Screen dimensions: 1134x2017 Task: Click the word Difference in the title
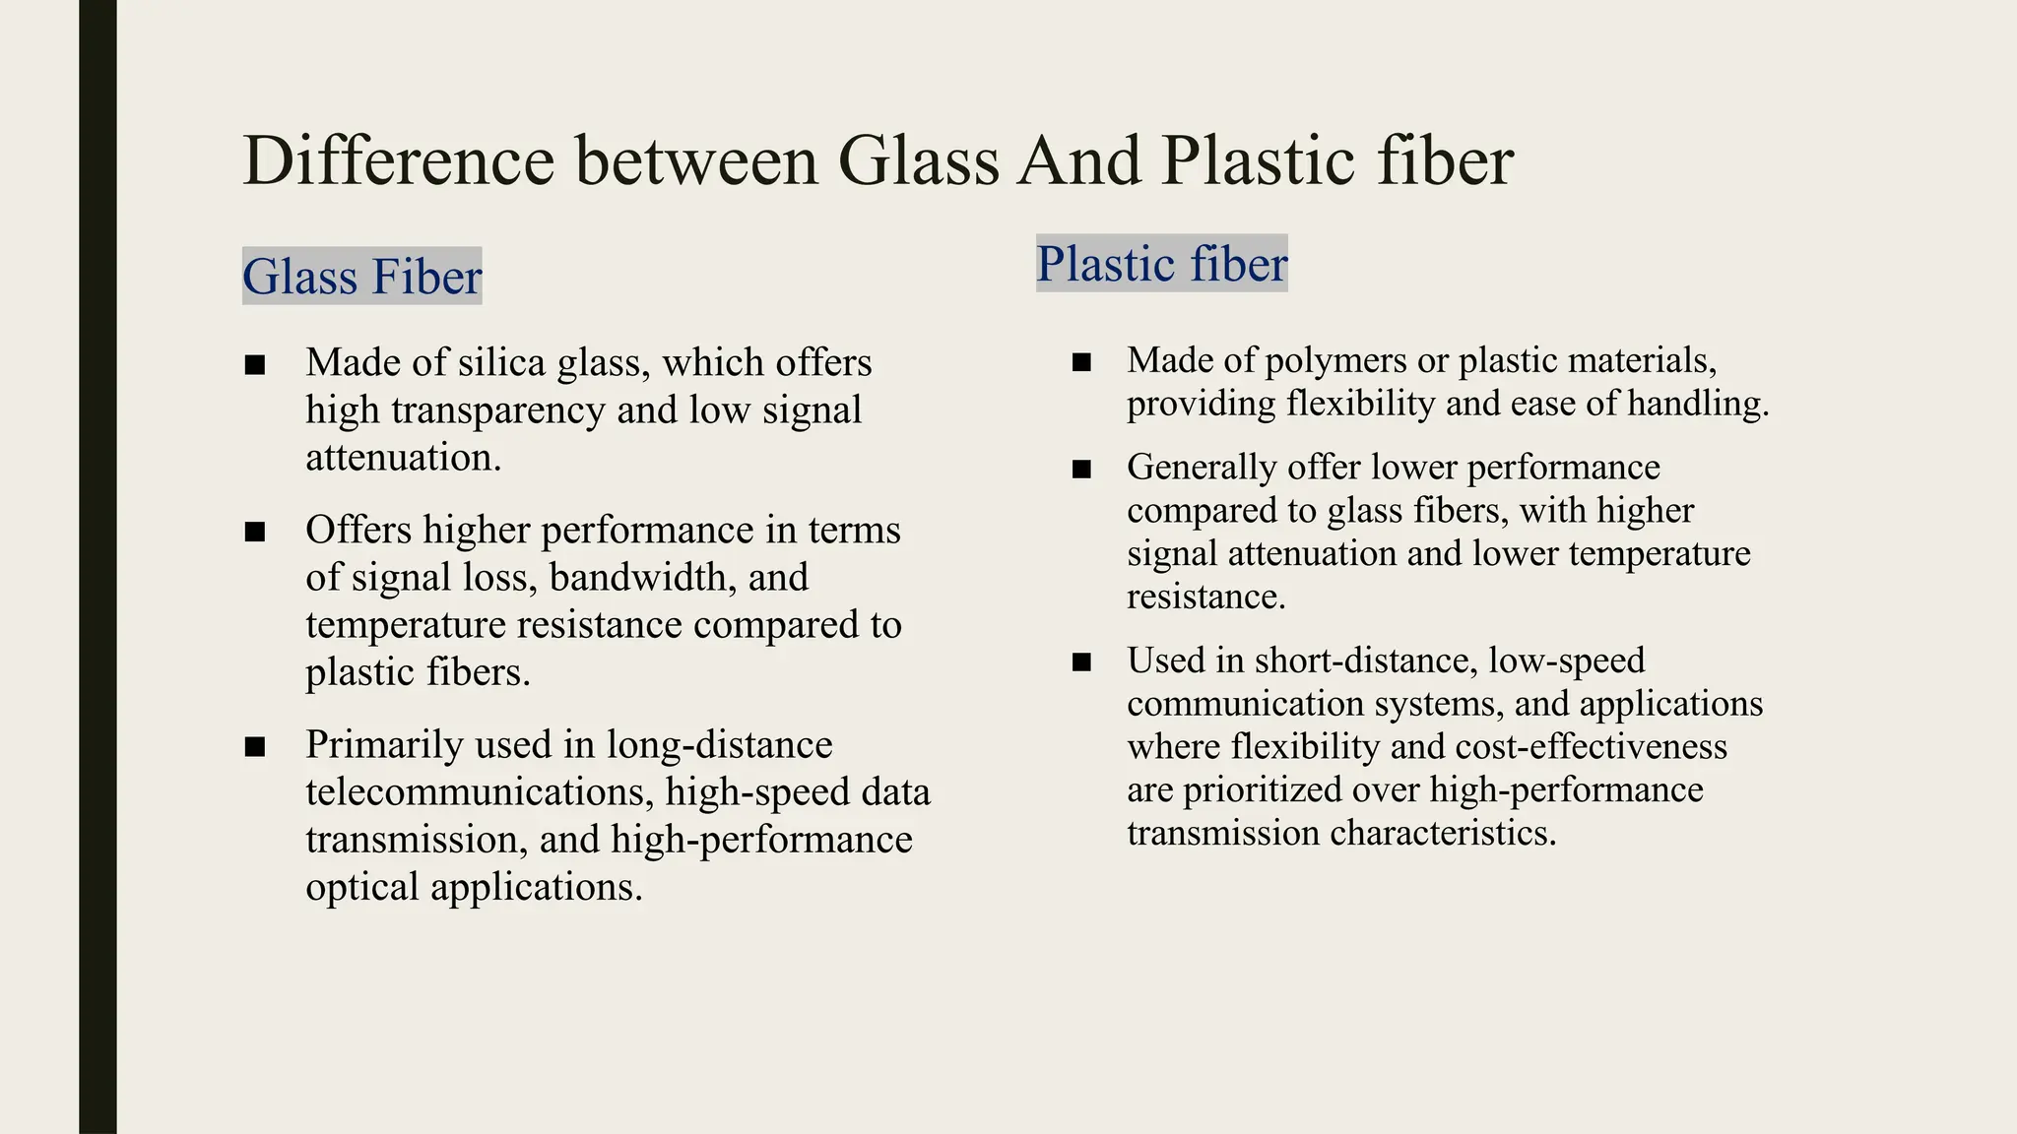[399, 160]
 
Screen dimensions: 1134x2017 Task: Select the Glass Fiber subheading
[361, 277]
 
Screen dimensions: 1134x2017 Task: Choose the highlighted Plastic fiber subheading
[1161, 264]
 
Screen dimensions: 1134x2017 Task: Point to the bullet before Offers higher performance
[255, 533]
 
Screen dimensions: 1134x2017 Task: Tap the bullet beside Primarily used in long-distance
[255, 747]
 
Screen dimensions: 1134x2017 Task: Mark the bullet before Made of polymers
[1081, 362]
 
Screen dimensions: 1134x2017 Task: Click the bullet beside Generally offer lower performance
[1081, 470]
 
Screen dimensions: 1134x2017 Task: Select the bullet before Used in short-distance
[1081, 662]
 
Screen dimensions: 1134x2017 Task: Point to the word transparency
[497, 409]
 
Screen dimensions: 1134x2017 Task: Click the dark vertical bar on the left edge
[98, 567]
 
